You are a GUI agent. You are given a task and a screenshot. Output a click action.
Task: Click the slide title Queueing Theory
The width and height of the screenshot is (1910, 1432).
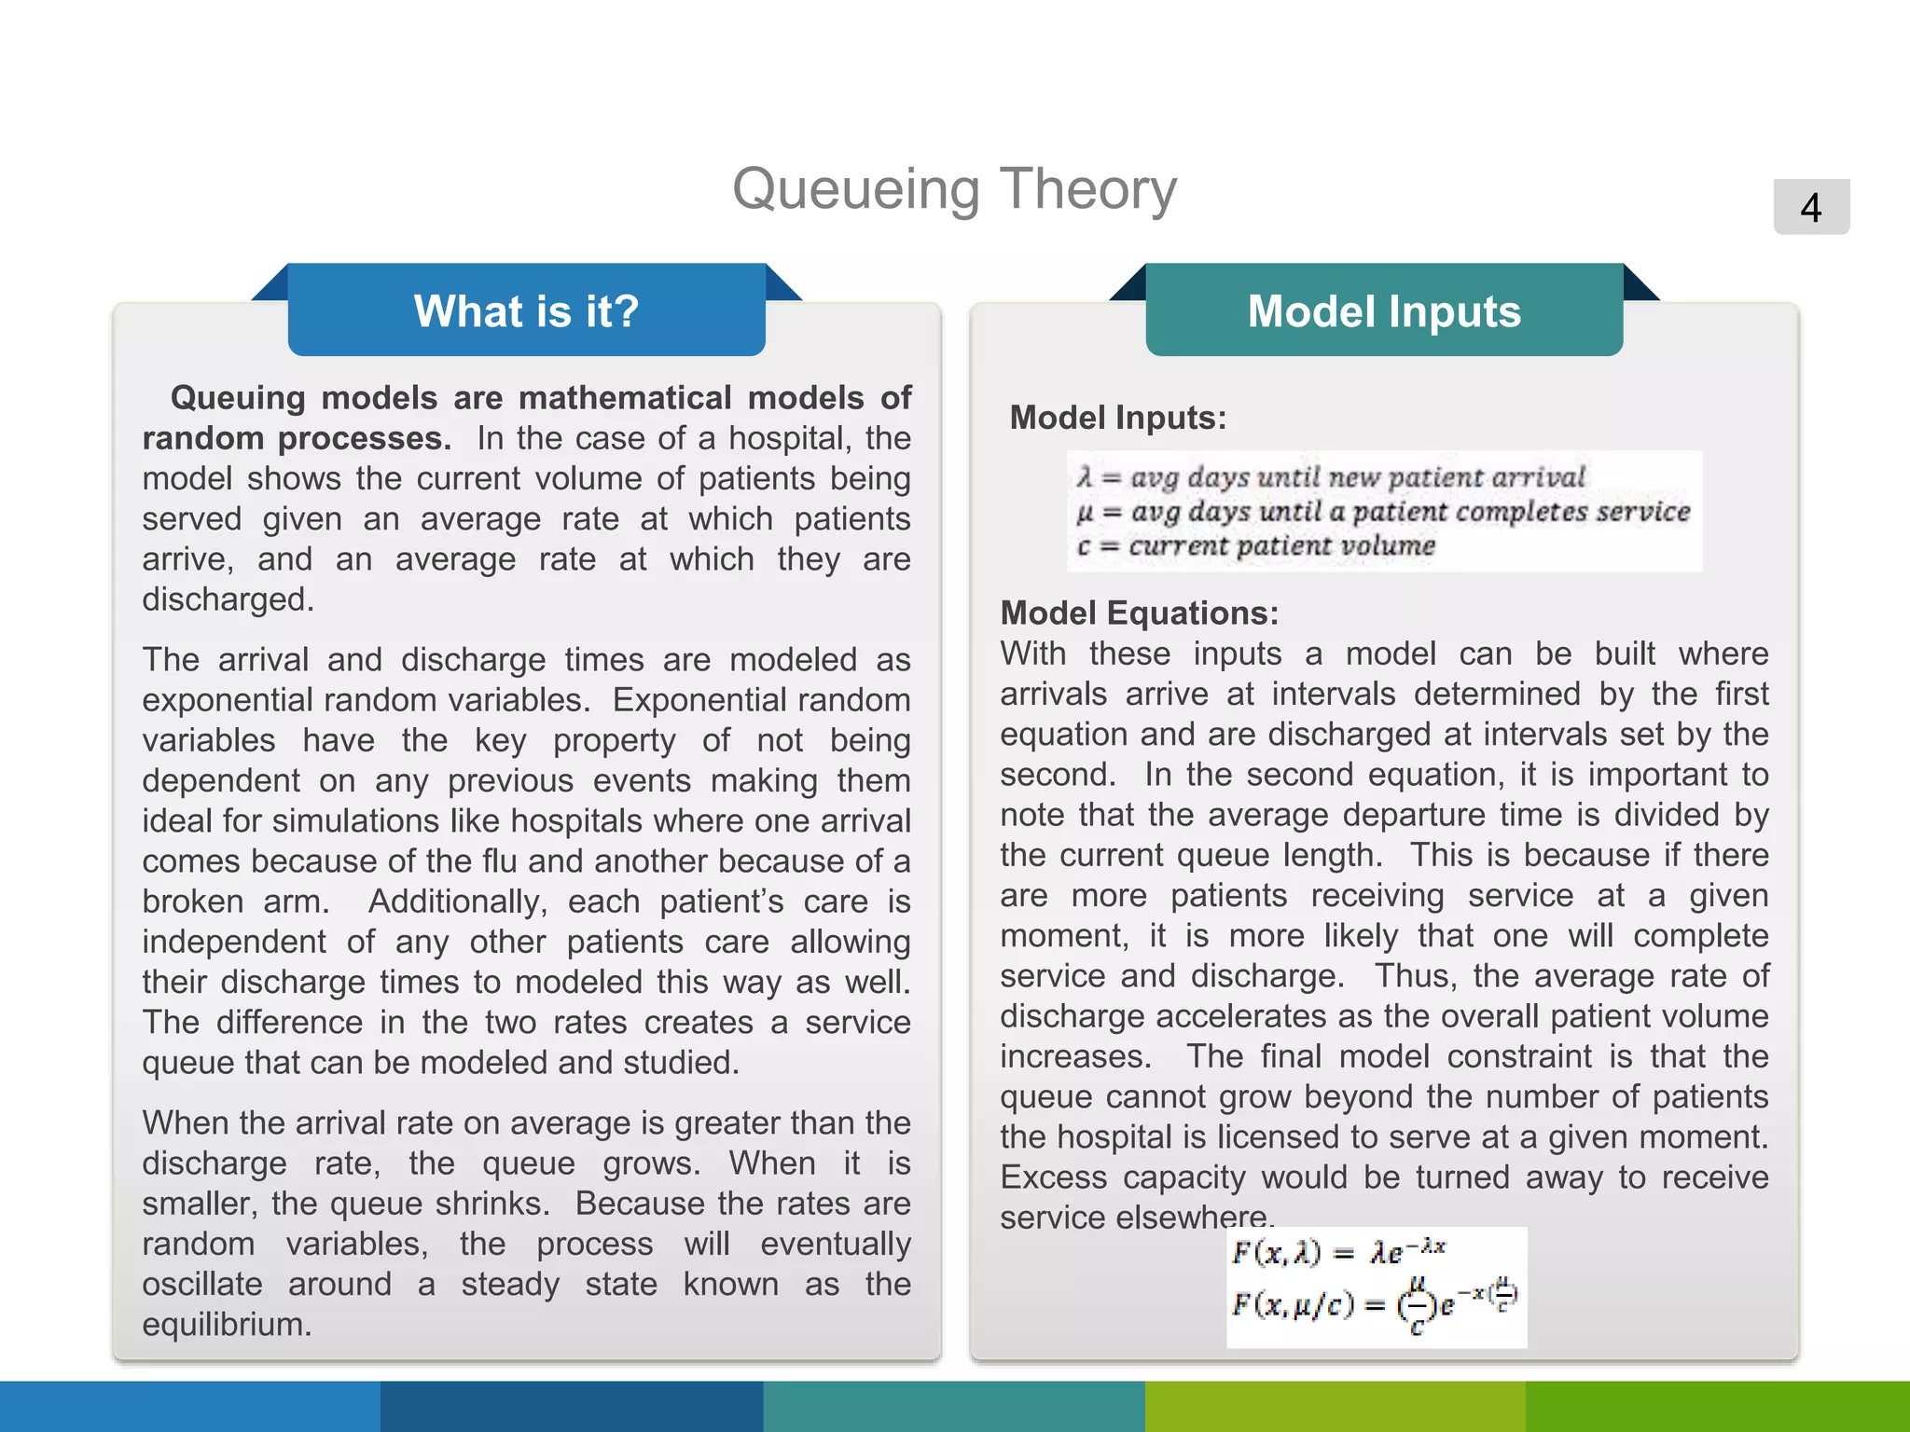954,189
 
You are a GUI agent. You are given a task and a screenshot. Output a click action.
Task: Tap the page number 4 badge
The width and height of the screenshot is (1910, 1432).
1810,207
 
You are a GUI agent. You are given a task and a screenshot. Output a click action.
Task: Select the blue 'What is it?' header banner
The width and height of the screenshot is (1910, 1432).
526,310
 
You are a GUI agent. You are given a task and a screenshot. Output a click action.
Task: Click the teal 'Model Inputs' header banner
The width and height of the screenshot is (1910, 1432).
1384,310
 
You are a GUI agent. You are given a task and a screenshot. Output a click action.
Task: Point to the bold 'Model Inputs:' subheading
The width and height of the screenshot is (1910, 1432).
1117,418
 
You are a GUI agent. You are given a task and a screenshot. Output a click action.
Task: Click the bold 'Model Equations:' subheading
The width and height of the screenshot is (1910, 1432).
1139,613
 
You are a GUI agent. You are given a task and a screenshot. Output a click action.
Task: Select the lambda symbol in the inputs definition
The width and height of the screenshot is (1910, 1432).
1084,478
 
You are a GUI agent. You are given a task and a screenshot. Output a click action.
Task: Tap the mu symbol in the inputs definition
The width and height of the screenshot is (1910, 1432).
1085,513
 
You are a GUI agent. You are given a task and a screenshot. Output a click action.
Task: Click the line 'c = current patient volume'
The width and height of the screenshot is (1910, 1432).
1255,546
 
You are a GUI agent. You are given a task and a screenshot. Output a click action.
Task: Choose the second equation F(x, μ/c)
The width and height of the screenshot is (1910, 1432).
1373,1302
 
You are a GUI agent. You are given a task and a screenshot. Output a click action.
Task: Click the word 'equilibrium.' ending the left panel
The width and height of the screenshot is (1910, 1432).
227,1325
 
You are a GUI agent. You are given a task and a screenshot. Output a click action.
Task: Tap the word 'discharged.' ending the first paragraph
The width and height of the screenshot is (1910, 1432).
228,599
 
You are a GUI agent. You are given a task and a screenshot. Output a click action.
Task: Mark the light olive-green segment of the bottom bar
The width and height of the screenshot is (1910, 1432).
1336,1406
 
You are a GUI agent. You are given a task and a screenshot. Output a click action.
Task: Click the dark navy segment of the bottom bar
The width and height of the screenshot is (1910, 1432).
572,1406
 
